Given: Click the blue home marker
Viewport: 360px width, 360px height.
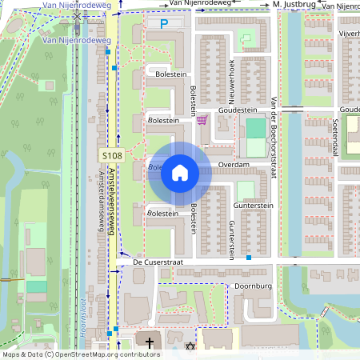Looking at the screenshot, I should (180, 172).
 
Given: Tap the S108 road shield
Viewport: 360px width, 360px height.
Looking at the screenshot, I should (111, 154).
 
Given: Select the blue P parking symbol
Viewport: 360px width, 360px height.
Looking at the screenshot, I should (164, 24).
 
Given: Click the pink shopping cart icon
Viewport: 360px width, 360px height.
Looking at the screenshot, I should (202, 120).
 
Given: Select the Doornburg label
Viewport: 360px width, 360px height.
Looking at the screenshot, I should (249, 286).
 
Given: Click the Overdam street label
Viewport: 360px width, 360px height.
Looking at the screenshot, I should (234, 164).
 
